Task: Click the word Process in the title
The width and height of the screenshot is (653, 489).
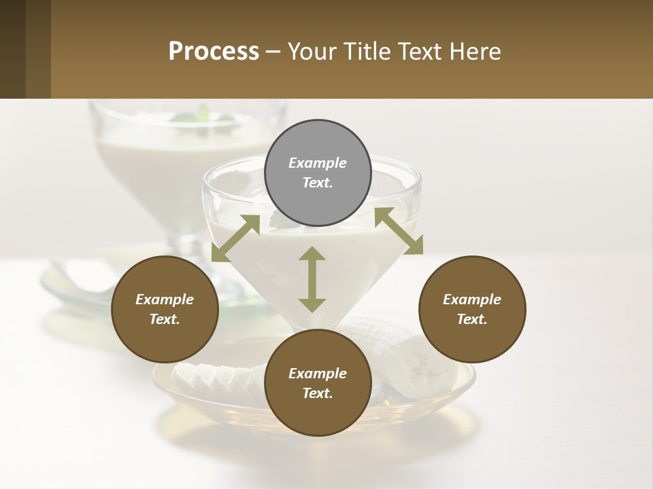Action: pyautogui.click(x=214, y=52)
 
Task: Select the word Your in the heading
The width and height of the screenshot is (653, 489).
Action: pyautogui.click(x=310, y=52)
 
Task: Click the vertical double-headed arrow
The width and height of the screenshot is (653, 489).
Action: pyautogui.click(x=312, y=279)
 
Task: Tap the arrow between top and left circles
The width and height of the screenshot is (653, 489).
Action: pyautogui.click(x=235, y=238)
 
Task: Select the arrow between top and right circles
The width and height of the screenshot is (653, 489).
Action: pyautogui.click(x=399, y=231)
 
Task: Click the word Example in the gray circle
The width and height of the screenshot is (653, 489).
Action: pyautogui.click(x=318, y=163)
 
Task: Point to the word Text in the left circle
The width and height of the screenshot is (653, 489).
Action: pyautogui.click(x=165, y=319)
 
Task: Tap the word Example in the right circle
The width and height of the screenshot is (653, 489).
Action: pyautogui.click(x=472, y=300)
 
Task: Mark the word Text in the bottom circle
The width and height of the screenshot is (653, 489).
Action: pyautogui.click(x=318, y=393)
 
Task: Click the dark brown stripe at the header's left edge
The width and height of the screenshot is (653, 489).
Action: pyautogui.click(x=12, y=49)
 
